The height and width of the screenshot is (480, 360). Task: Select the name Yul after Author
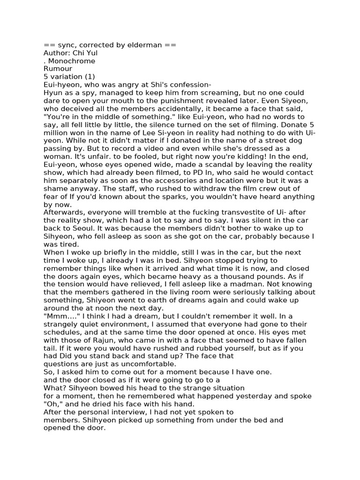point(91,53)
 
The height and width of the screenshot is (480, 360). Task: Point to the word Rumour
point(58,69)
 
